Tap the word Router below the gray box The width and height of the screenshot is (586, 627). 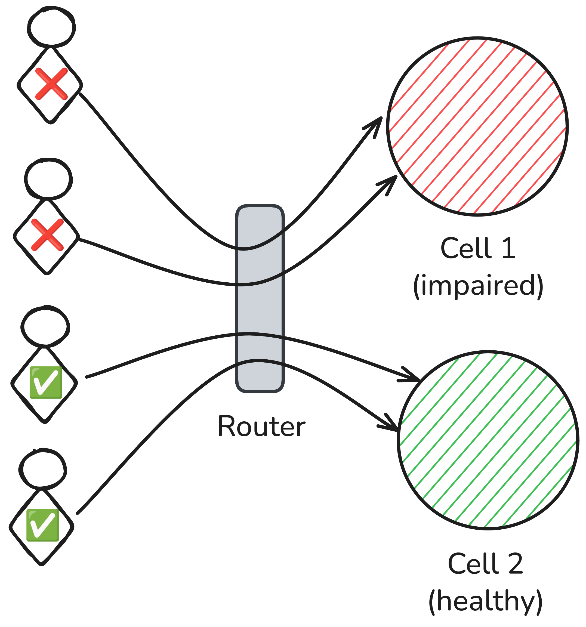click(x=261, y=427)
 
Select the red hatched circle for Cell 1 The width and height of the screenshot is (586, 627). click(x=477, y=126)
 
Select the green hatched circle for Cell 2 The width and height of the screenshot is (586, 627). click(x=488, y=440)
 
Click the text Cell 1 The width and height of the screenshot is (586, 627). click(x=477, y=249)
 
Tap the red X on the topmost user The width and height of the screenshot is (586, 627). click(x=51, y=84)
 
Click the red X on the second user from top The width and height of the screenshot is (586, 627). click(x=48, y=235)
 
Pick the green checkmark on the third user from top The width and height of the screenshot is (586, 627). click(x=46, y=382)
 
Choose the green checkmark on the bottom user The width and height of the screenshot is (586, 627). click(x=43, y=525)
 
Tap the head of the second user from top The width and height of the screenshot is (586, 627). click(x=48, y=179)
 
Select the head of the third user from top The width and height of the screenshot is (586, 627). click(x=45, y=326)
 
